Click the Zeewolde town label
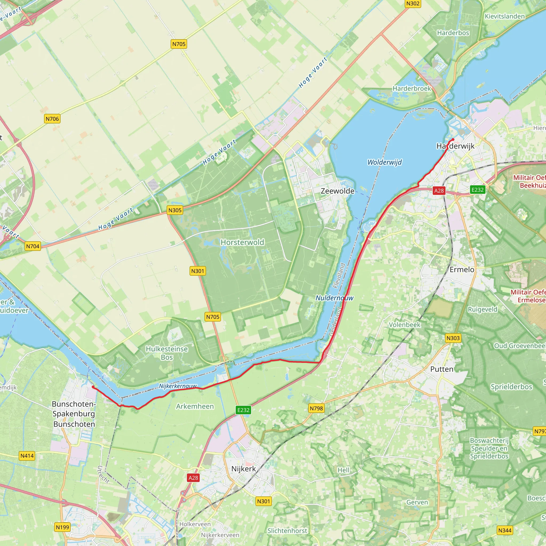click(x=338, y=191)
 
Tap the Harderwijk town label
click(x=455, y=146)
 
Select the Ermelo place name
click(x=462, y=269)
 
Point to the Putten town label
click(x=442, y=369)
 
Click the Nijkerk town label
click(x=243, y=469)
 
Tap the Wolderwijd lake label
click(x=384, y=162)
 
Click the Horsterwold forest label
click(x=242, y=242)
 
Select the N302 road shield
click(x=413, y=3)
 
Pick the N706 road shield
click(x=52, y=119)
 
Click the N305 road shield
click(x=175, y=210)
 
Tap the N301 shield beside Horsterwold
click(x=198, y=271)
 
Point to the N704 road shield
click(x=33, y=246)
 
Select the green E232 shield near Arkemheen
click(x=243, y=410)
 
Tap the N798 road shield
click(x=316, y=408)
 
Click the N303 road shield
click(x=453, y=338)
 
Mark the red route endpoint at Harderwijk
click(x=453, y=139)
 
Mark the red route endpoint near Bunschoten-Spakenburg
click(x=93, y=387)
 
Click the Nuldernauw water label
click(x=334, y=298)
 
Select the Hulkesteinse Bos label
click(x=167, y=353)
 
